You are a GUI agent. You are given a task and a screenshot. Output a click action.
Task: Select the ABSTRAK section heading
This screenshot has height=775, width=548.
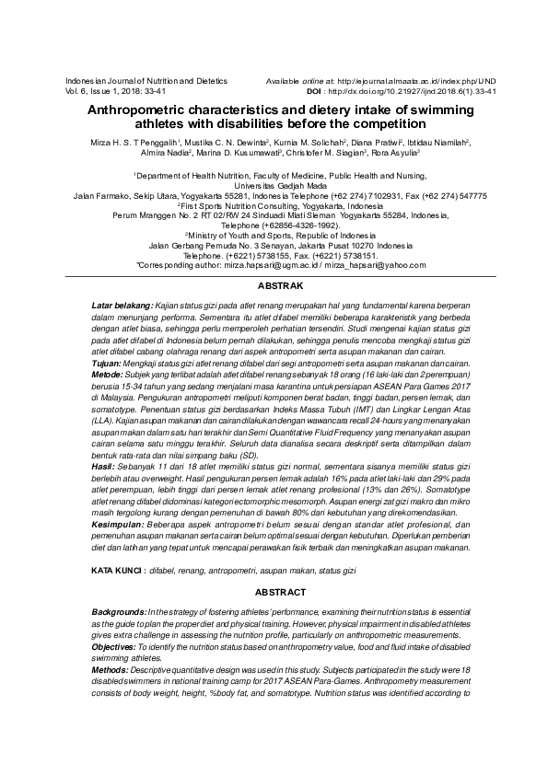[273, 286]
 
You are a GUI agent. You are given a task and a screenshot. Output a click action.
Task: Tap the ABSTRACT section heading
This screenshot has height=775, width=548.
[273, 593]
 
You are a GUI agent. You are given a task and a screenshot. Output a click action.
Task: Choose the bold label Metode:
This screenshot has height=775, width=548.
[109, 375]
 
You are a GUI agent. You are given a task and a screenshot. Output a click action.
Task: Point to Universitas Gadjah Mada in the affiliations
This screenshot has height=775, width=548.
[273, 184]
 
